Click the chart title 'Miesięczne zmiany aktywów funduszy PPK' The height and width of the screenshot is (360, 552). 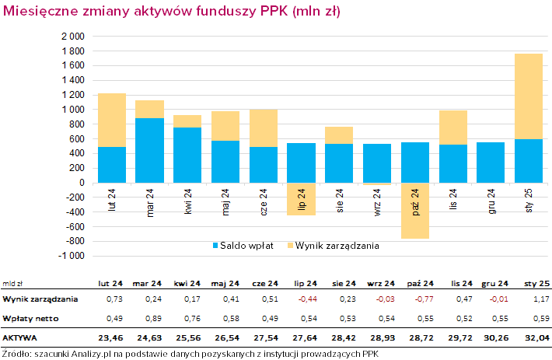[171, 12]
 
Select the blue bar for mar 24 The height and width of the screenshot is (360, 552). [149, 150]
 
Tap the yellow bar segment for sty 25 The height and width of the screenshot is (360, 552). [529, 96]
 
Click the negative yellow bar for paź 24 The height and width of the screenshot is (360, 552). [415, 211]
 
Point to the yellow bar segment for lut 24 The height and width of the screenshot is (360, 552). [111, 120]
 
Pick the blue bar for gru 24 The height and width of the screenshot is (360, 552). [491, 162]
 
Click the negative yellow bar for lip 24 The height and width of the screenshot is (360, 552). [301, 200]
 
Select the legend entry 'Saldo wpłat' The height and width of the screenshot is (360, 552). [243, 246]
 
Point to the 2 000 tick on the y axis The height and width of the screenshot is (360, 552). [72, 37]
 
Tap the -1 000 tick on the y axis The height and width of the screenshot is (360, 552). [72, 256]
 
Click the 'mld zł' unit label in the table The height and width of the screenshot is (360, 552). [12, 283]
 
